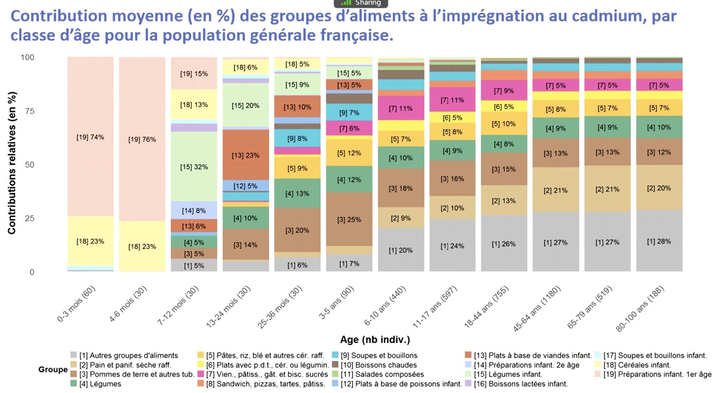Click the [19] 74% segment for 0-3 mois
90,137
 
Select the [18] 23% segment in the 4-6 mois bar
142,246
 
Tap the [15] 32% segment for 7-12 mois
194,167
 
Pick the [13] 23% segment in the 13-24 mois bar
246,155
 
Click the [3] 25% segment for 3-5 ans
349,219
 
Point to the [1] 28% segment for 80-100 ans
659,241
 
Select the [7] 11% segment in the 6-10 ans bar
401,108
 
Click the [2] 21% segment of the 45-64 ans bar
556,190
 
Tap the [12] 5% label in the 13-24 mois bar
246,186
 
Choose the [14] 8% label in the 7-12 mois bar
194,211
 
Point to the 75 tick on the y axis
30,111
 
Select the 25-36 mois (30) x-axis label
279,307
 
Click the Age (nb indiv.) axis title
375,339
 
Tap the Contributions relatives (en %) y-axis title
12,163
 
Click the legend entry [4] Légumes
100,384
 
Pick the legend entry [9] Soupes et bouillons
379,355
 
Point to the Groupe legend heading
53,369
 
